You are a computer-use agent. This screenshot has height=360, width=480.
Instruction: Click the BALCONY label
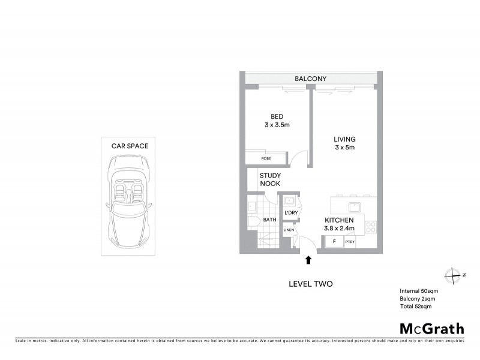coord(310,79)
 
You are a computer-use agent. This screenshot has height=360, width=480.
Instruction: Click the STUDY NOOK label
coord(270,179)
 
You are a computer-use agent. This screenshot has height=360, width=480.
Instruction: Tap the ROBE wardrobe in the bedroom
coord(266,159)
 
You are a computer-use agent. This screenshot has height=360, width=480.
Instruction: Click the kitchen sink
coord(355,208)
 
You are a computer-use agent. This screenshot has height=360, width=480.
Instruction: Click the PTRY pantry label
coord(350,242)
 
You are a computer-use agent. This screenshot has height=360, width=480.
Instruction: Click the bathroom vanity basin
coord(251,207)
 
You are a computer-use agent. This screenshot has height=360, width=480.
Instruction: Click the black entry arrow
coord(308,260)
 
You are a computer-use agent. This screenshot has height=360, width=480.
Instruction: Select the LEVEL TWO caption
coord(310,283)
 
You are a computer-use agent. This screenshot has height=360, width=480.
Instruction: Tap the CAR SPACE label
coord(130,145)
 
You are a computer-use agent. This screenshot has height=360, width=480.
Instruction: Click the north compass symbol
coord(451,275)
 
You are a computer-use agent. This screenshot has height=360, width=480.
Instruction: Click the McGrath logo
coord(431,328)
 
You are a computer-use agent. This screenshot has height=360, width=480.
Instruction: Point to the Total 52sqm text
coord(416,307)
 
